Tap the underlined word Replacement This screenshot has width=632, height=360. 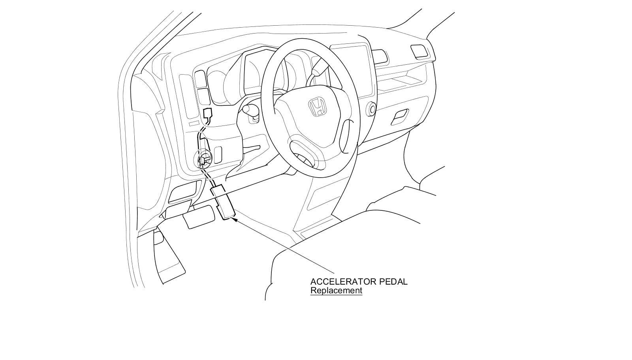[x=336, y=291]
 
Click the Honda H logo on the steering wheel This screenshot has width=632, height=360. [x=317, y=107]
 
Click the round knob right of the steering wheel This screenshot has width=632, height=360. [x=371, y=109]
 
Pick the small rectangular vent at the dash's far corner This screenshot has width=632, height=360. [x=419, y=51]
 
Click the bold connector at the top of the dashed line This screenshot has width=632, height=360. [x=207, y=114]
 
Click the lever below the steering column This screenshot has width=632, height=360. [x=253, y=148]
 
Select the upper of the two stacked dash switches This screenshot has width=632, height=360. [x=201, y=79]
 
